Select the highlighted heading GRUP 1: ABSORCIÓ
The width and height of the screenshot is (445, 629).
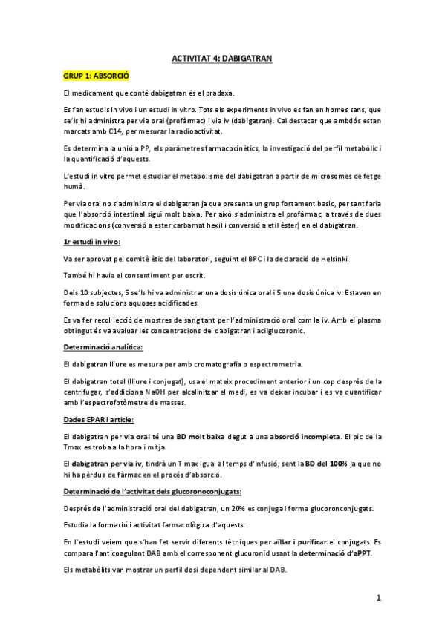(97, 75)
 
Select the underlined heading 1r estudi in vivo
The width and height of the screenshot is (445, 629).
(92, 241)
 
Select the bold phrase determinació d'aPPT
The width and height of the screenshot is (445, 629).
(334, 553)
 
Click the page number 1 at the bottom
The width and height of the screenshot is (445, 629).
(378, 597)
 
